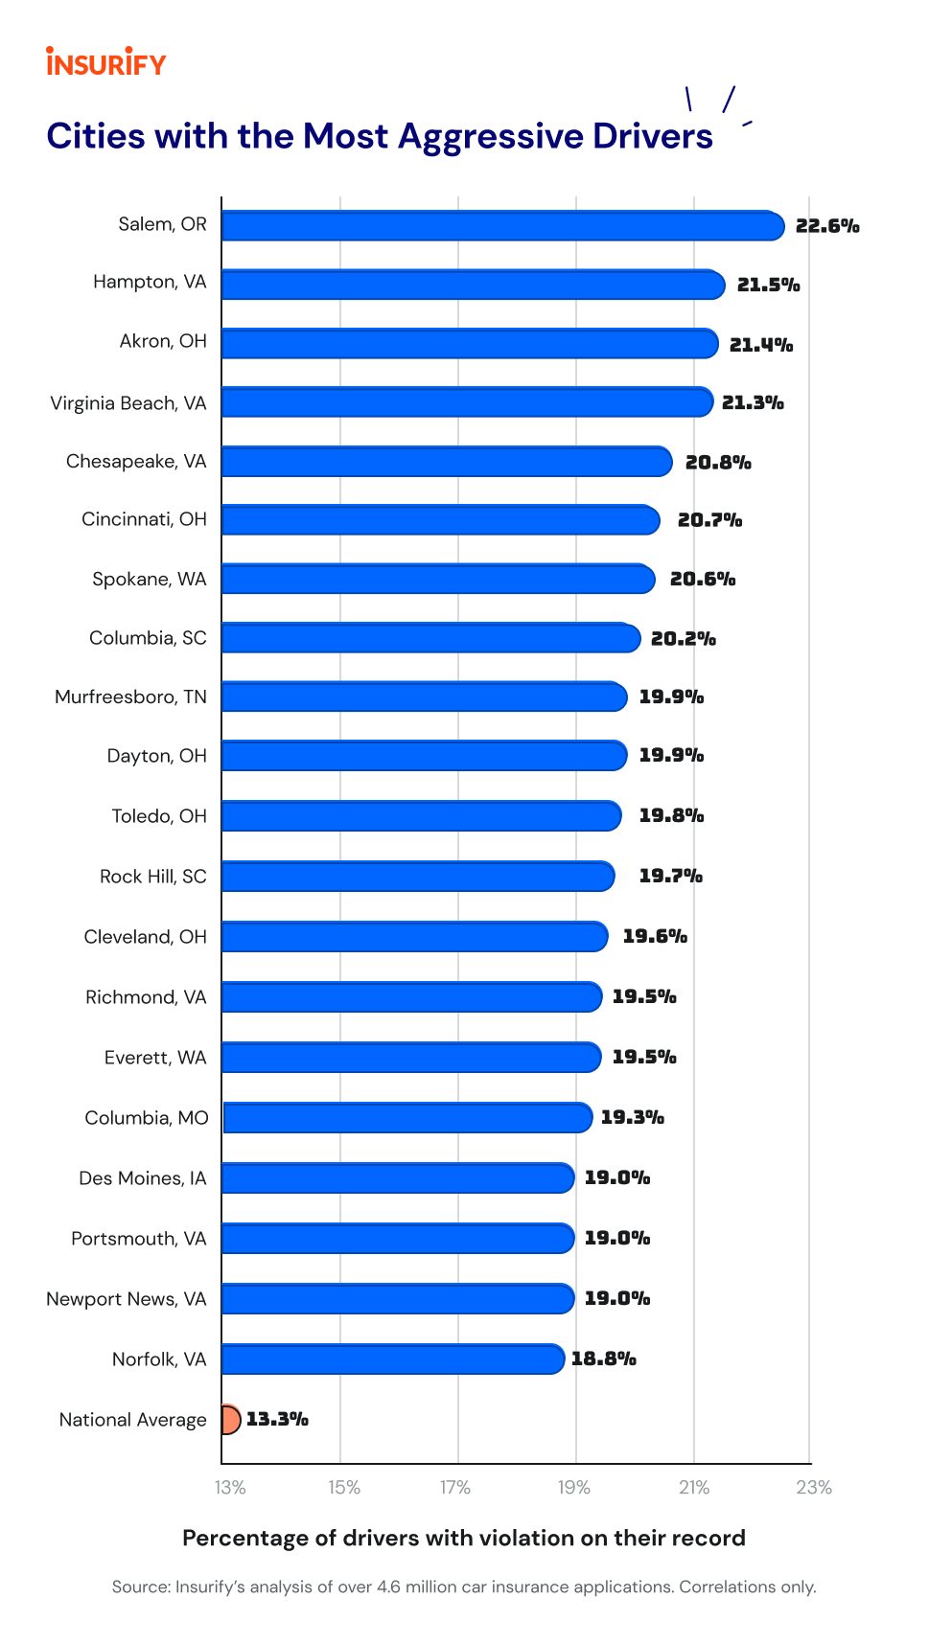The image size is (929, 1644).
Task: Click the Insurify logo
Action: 105,63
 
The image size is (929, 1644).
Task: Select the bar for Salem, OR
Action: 502,226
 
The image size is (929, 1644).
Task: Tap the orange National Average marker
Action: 230,1419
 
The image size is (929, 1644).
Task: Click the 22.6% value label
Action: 827,226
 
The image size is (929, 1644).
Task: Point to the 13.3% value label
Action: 277,1419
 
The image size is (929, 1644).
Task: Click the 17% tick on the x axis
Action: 455,1488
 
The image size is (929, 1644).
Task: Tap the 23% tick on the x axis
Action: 814,1488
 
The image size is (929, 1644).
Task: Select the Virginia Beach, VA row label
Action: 128,403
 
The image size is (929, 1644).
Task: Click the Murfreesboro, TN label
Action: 130,696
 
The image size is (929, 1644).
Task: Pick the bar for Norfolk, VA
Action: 393,1359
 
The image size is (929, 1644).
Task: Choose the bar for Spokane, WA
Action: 438,579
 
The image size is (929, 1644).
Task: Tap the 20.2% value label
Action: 684,639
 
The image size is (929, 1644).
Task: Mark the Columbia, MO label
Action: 147,1118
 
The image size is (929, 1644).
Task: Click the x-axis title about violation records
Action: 464,1538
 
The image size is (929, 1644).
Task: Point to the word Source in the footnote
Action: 140,1587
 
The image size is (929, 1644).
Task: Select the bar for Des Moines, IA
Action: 398,1177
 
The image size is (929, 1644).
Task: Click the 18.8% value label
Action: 604,1359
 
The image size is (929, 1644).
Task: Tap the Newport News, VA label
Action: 127,1299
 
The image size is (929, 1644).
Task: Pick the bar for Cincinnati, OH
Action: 441,520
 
